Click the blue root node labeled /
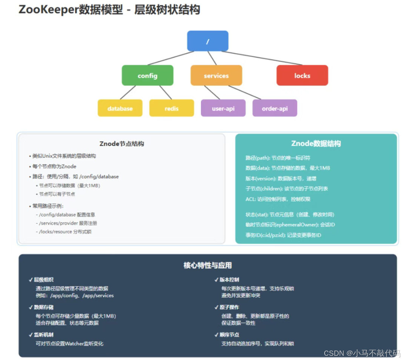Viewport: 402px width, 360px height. click(x=207, y=41)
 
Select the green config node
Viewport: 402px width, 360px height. click(x=147, y=75)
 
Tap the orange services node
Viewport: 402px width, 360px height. click(x=216, y=75)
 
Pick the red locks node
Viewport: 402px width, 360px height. click(x=302, y=75)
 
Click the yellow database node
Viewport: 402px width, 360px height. click(x=120, y=108)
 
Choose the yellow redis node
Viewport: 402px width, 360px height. click(x=172, y=108)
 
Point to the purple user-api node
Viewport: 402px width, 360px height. click(x=223, y=108)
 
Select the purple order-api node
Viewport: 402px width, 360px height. click(x=275, y=108)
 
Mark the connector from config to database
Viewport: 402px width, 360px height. click(x=128, y=92)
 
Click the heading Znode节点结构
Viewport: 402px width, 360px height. click(x=121, y=144)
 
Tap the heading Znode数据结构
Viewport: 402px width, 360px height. click(x=316, y=144)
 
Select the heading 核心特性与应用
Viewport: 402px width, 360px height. click(x=207, y=265)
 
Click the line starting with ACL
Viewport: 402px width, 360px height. click(x=278, y=199)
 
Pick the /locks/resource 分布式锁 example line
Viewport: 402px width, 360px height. click(x=65, y=231)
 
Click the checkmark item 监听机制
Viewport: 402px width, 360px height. click(x=43, y=335)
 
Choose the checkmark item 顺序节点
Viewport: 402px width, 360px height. click(x=229, y=335)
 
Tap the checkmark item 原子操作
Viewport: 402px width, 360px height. click(x=229, y=307)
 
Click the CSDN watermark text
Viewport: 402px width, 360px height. click(x=362, y=353)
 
